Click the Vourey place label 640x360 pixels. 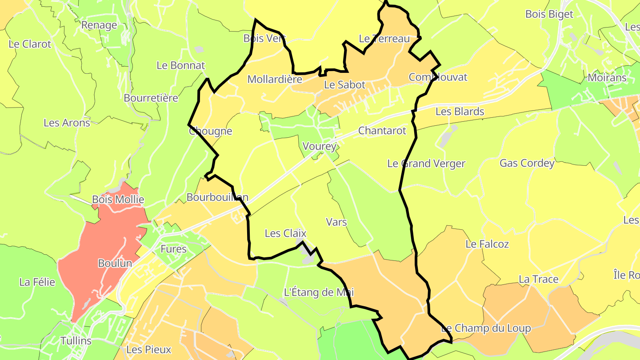pyautogui.click(x=319, y=146)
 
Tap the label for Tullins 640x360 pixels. pyautogui.click(x=76, y=341)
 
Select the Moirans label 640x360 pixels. pyautogui.click(x=607, y=78)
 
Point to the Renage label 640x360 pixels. pyautogui.click(x=99, y=25)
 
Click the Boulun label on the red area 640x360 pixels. pyautogui.click(x=115, y=263)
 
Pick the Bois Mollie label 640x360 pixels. pyautogui.click(x=118, y=200)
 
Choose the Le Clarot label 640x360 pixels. pyautogui.click(x=30, y=44)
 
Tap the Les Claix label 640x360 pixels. pyautogui.click(x=286, y=233)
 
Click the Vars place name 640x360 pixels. pyautogui.click(x=336, y=222)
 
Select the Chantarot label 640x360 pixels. pyautogui.click(x=382, y=131)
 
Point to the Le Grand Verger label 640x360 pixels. pyautogui.click(x=426, y=164)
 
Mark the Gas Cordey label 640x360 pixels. pyautogui.click(x=527, y=163)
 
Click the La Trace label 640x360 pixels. pyautogui.click(x=539, y=279)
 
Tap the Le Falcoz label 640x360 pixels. pyautogui.click(x=487, y=244)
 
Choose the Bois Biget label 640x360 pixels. pyautogui.click(x=549, y=14)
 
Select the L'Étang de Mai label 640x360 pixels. pyautogui.click(x=319, y=292)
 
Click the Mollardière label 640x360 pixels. pyautogui.click(x=275, y=80)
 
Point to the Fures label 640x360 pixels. pyautogui.click(x=173, y=249)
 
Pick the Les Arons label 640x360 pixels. pyautogui.click(x=67, y=123)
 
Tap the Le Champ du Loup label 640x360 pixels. pyautogui.click(x=486, y=328)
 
